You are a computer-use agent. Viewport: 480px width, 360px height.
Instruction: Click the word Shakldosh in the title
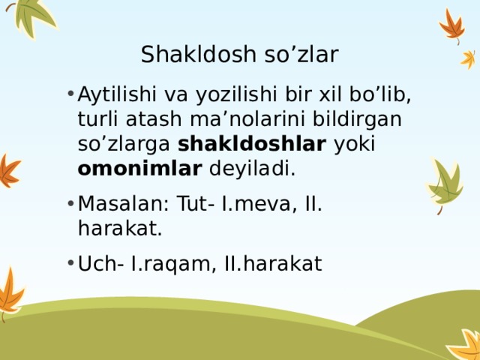(184, 55)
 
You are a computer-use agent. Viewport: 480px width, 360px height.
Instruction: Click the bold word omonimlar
(139, 169)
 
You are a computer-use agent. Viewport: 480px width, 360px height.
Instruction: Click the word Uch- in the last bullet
(98, 263)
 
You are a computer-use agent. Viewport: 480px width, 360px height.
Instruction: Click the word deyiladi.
(252, 169)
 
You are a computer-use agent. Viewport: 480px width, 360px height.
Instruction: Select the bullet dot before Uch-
(68, 263)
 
